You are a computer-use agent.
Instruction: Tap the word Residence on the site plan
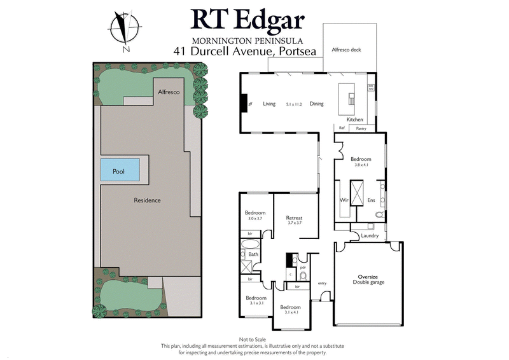tap(147, 200)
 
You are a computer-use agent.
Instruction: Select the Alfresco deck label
tap(347, 49)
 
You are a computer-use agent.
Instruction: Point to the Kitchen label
tap(354, 120)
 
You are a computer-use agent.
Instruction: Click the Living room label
tap(269, 104)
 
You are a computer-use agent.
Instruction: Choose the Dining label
tap(317, 104)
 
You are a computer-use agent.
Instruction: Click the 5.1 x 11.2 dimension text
tap(293, 104)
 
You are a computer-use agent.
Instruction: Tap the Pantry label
tap(361, 128)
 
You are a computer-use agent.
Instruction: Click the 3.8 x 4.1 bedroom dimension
tap(361, 165)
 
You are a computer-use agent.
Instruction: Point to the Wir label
tap(343, 200)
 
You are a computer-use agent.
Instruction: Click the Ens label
tap(372, 200)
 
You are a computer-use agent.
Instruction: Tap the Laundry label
tap(370, 236)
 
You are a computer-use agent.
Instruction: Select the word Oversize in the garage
tap(369, 276)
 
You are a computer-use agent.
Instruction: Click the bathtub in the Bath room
tap(250, 243)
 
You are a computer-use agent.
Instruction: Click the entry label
tap(321, 283)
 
